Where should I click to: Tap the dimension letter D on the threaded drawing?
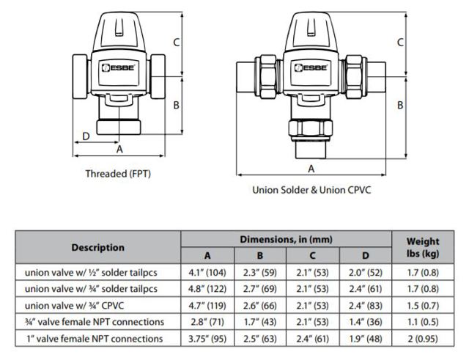click(86, 136)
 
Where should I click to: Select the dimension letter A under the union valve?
click(311, 169)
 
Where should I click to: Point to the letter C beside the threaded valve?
click(177, 43)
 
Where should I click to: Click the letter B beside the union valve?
click(401, 105)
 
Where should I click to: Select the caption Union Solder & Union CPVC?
click(313, 189)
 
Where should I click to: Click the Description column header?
click(98, 247)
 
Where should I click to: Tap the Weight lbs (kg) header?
click(423, 247)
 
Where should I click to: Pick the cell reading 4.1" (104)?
click(207, 272)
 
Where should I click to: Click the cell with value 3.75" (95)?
click(207, 338)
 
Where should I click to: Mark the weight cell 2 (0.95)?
click(423, 338)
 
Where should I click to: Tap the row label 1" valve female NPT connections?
click(94, 338)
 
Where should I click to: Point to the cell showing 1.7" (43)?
click(260, 321)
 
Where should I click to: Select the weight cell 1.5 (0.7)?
click(423, 305)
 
